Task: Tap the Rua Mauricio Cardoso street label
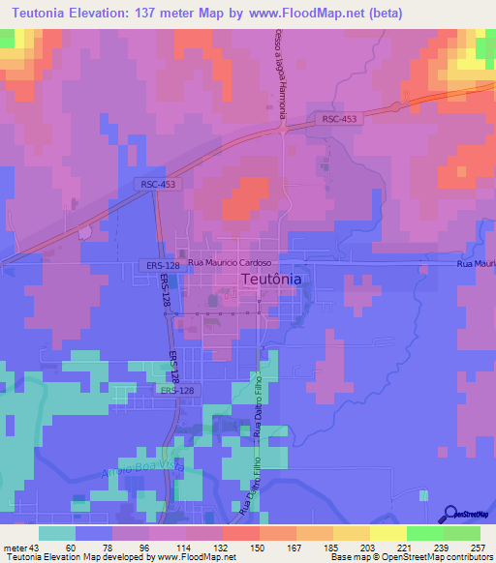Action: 234,262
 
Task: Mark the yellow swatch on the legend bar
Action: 387,533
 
